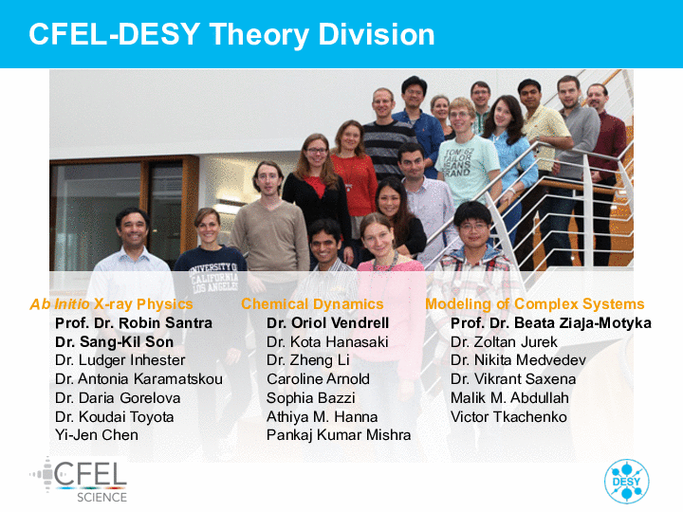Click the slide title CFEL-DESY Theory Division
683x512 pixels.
pyautogui.click(x=231, y=34)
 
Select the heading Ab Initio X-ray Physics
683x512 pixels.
pyautogui.click(x=111, y=304)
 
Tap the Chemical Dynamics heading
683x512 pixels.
pyautogui.click(x=312, y=304)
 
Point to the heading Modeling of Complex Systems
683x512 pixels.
pyautogui.click(x=534, y=304)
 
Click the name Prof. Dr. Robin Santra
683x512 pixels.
pyautogui.click(x=134, y=323)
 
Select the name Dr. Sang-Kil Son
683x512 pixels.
pyautogui.click(x=114, y=342)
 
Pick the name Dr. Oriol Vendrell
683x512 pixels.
pyautogui.click(x=327, y=323)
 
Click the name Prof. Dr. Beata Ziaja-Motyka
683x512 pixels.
pyautogui.click(x=551, y=323)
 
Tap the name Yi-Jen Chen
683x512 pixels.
pyautogui.click(x=97, y=435)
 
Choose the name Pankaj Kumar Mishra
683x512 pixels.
pyautogui.click(x=339, y=435)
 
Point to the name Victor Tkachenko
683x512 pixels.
pyautogui.click(x=508, y=417)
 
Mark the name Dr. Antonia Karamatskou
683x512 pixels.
pyautogui.click(x=138, y=379)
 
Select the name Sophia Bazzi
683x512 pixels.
pyautogui.click(x=310, y=398)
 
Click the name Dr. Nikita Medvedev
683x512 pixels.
pyautogui.click(x=518, y=360)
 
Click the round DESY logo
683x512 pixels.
pyautogui.click(x=626, y=482)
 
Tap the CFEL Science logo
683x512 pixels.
pyautogui.click(x=79, y=480)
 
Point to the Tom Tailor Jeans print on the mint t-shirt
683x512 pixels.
pyautogui.click(x=457, y=162)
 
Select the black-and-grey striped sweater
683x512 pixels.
pyautogui.click(x=389, y=147)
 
